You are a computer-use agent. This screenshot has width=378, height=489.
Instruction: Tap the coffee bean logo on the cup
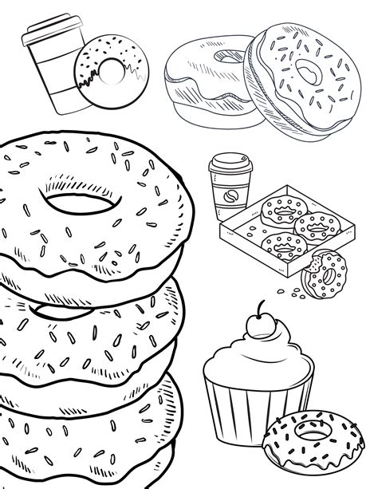click(x=224, y=198)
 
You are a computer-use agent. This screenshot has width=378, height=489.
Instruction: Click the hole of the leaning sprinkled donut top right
click(x=306, y=75)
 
